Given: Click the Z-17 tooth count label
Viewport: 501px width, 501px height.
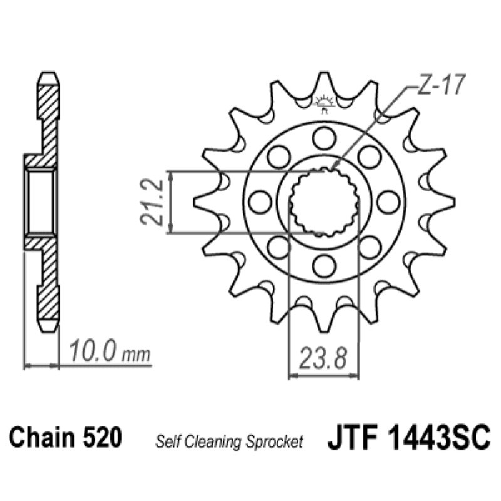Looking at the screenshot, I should [x=438, y=86].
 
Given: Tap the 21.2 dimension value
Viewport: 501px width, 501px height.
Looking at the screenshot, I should [x=152, y=202].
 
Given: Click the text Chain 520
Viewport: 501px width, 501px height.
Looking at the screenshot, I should [x=65, y=438].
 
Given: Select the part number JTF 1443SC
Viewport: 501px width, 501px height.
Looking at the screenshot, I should [x=408, y=438].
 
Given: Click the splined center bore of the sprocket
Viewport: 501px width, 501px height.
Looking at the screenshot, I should [x=324, y=202].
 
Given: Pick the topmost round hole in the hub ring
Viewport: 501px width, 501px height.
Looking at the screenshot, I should [x=324, y=137].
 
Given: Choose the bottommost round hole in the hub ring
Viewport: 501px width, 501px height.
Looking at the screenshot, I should [x=324, y=266].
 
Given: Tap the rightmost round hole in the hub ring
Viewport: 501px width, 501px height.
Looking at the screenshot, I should [x=388, y=202].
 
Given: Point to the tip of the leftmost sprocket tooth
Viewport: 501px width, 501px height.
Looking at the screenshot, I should [x=195, y=200].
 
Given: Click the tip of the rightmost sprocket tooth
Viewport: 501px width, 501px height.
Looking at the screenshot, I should [x=452, y=200].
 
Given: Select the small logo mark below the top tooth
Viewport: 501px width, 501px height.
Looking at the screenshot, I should [x=324, y=103].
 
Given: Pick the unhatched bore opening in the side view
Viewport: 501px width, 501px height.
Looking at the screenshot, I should [x=41, y=202].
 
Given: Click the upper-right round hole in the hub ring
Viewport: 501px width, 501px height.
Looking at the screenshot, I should [x=369, y=156].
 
